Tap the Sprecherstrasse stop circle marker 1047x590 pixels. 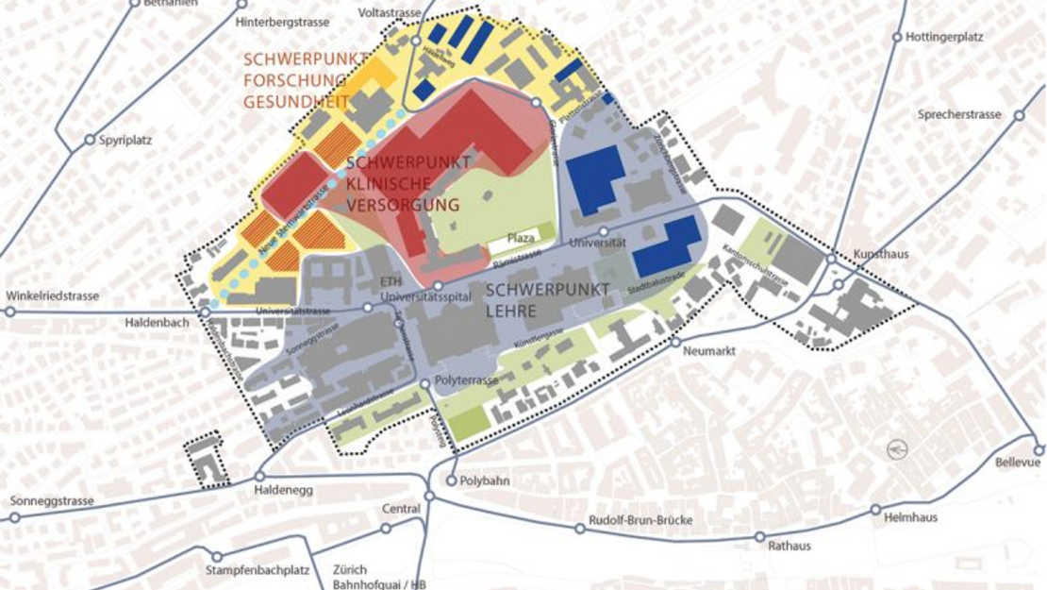click(1019, 116)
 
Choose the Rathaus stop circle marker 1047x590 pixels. click(760, 537)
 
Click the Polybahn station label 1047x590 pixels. click(485, 480)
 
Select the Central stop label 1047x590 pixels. click(401, 509)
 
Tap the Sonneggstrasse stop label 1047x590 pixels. click(52, 501)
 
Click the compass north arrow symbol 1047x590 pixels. click(896, 450)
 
